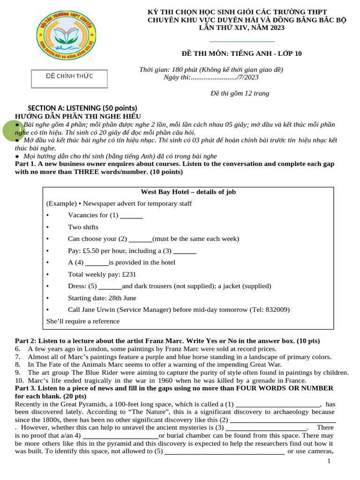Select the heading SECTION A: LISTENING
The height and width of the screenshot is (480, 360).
[82, 108]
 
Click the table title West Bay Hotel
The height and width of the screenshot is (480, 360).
[188, 192]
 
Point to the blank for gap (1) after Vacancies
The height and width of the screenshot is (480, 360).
[132, 216]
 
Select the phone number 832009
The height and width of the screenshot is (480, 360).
[277, 310]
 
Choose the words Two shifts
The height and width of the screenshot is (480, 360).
[83, 227]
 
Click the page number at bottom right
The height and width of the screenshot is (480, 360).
[329, 462]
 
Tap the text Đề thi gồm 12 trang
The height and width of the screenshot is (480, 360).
[240, 94]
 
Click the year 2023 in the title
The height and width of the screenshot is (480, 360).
[275, 28]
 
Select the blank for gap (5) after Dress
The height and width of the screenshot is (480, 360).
[110, 286]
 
